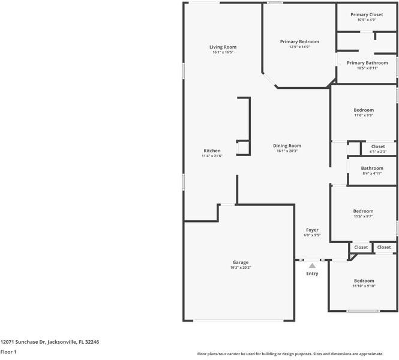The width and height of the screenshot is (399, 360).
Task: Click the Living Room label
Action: point(223,47)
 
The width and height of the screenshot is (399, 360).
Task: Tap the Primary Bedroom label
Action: point(299,41)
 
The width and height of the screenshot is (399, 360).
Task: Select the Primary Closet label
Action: point(367,14)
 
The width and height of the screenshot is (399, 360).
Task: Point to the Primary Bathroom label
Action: point(367,63)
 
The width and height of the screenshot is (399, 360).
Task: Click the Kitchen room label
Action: point(212,151)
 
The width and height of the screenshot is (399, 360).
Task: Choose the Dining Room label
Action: point(287,146)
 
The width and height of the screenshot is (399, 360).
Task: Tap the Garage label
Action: point(241,262)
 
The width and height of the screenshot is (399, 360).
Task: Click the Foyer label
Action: point(312,230)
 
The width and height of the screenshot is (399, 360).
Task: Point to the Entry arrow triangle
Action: point(312,265)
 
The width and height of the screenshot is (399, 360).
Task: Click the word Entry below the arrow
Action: point(312,274)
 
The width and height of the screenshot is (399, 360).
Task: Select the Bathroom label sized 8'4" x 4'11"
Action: point(372,169)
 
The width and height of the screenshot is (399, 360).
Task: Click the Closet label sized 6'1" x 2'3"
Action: point(378,146)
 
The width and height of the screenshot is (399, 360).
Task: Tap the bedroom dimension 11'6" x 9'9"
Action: point(364,115)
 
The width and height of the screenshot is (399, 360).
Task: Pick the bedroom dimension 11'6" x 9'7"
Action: point(363,216)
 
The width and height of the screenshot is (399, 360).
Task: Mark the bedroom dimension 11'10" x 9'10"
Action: point(364,286)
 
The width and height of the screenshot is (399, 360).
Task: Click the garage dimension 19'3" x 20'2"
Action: point(241,268)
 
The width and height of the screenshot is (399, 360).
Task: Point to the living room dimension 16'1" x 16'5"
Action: point(223,52)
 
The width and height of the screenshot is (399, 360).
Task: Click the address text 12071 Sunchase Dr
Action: point(50,341)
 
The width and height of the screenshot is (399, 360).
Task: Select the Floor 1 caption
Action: point(8,352)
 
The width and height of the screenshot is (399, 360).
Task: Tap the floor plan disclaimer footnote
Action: point(298,354)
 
